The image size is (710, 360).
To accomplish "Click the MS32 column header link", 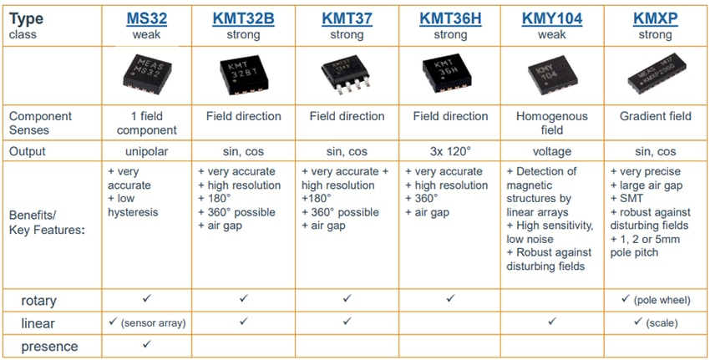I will pyautogui.click(x=146, y=18).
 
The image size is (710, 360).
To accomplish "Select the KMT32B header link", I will pyautogui.click(x=243, y=18).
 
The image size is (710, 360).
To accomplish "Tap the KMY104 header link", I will pyautogui.click(x=552, y=18).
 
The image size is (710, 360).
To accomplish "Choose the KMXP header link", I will pyautogui.click(x=655, y=18).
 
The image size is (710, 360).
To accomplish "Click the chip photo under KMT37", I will pyautogui.click(x=345, y=76).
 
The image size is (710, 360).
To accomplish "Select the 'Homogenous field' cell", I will pyautogui.click(x=552, y=123).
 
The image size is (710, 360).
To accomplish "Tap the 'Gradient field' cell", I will pyautogui.click(x=656, y=116).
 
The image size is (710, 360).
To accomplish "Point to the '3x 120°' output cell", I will pyautogui.click(x=449, y=152).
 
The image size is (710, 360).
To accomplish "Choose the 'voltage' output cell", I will pyautogui.click(x=552, y=152).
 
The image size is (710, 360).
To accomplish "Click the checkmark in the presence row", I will pyautogui.click(x=146, y=344).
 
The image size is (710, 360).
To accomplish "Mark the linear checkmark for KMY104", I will pyautogui.click(x=552, y=321).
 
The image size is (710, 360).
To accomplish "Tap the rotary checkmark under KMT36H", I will pyautogui.click(x=449, y=297).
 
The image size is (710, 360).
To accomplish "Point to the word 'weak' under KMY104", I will pyautogui.click(x=552, y=35).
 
